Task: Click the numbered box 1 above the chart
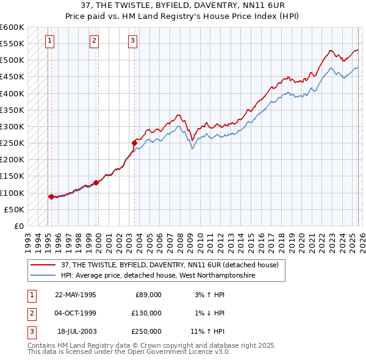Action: click(49, 41)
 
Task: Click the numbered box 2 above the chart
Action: click(95, 41)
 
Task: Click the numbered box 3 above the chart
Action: click(132, 41)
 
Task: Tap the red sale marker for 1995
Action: click(51, 196)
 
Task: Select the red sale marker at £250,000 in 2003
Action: click(134, 143)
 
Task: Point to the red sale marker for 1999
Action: click(96, 182)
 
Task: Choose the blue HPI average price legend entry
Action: click(157, 276)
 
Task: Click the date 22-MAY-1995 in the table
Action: click(76, 294)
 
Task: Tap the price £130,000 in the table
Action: click(146, 313)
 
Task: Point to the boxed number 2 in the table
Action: click(30, 313)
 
